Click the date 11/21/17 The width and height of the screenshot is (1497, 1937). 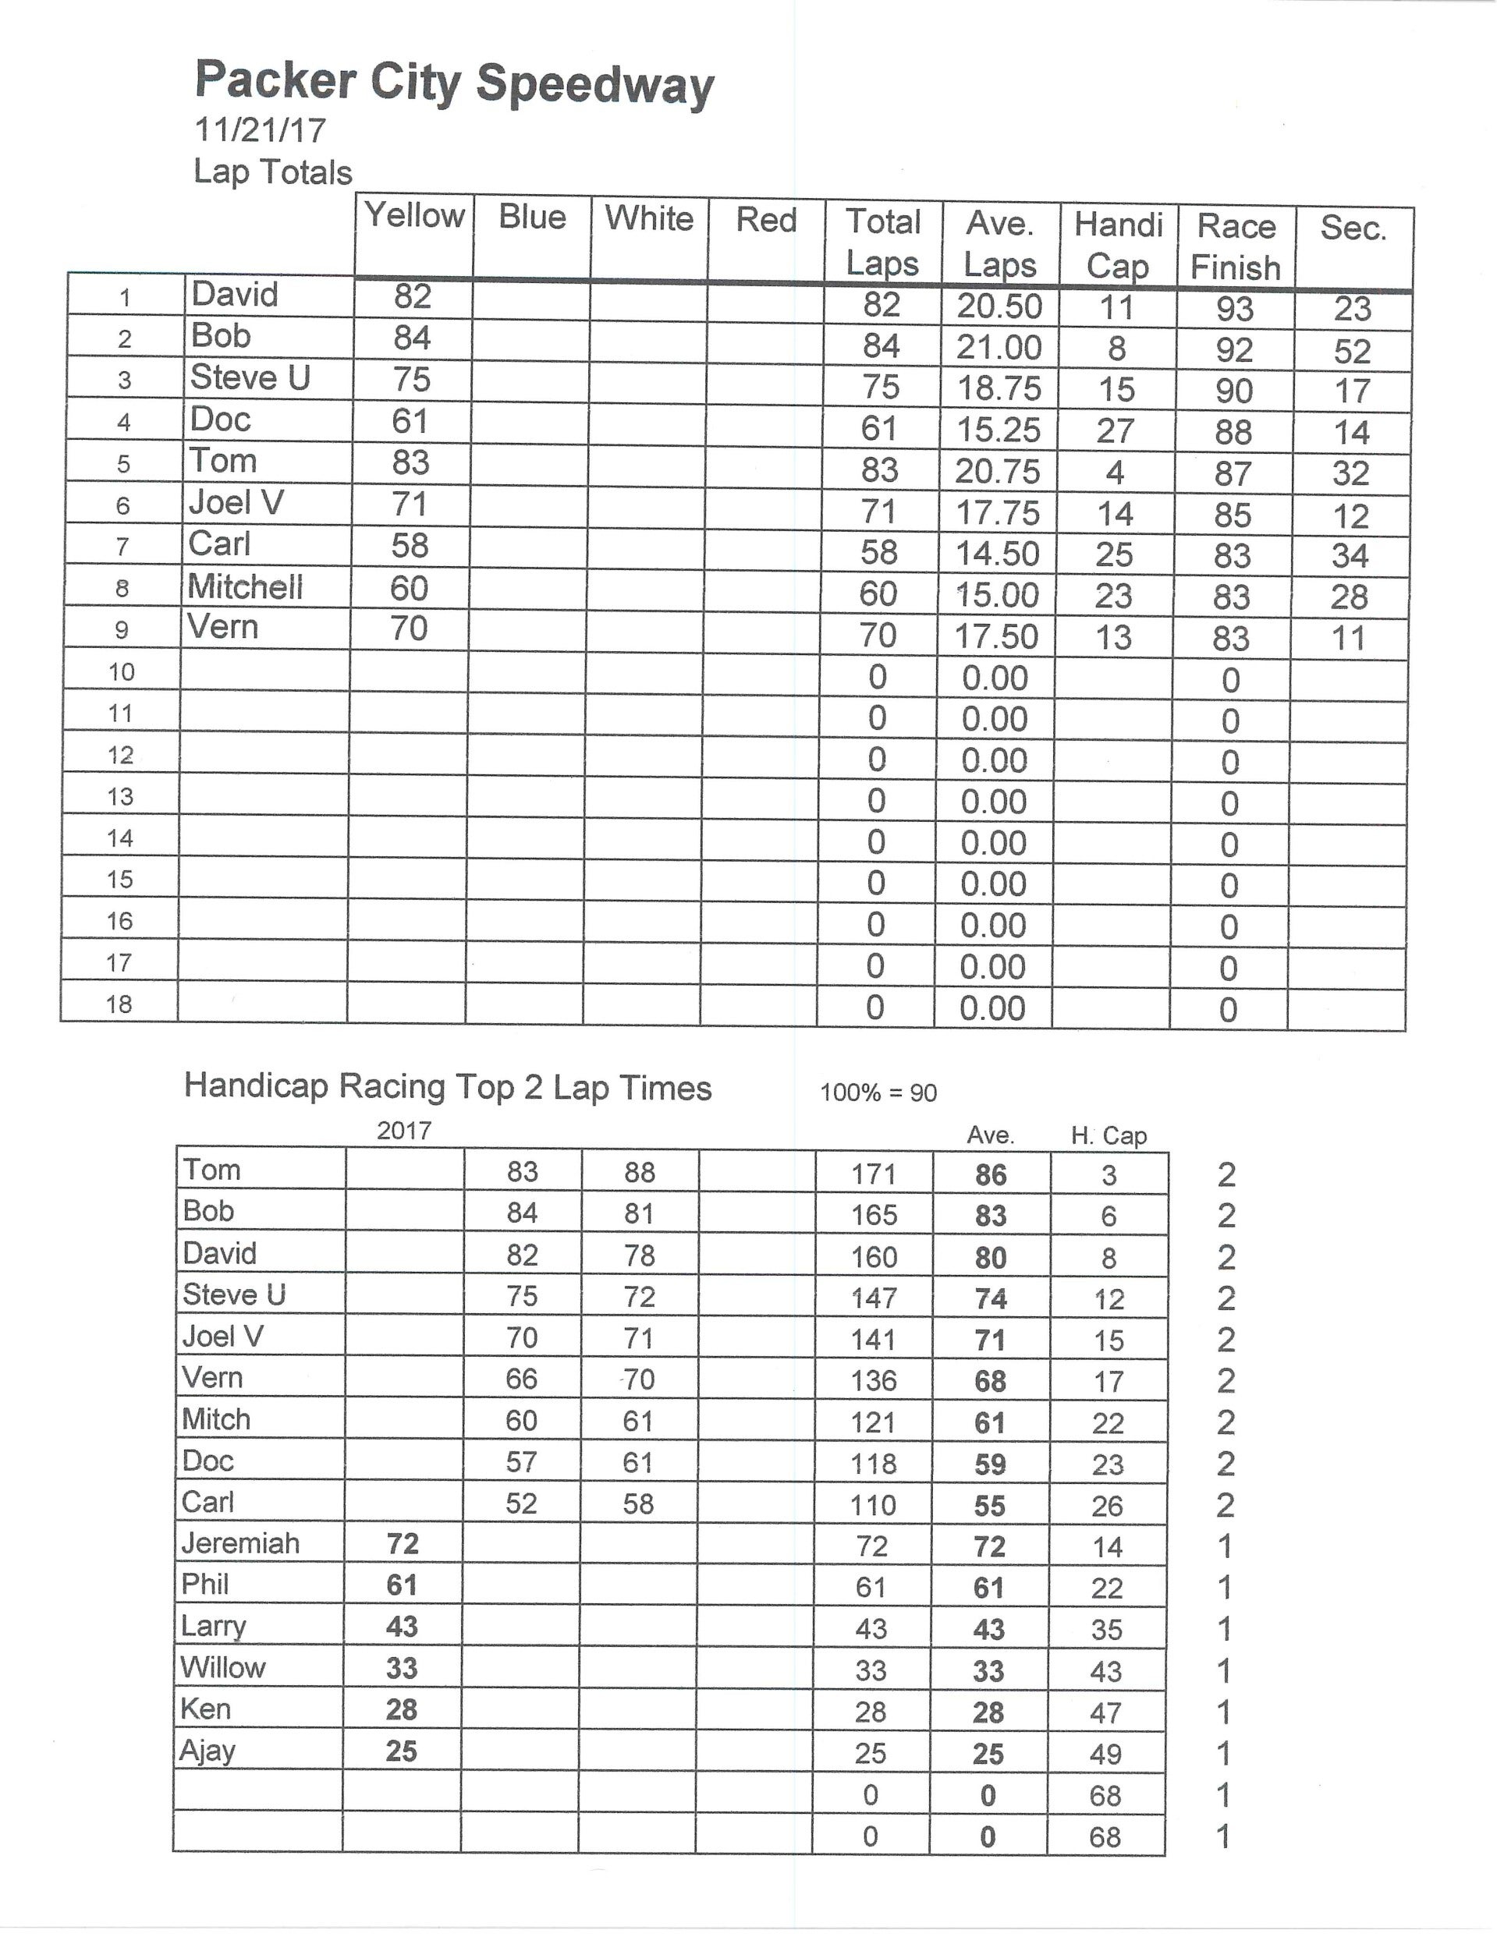(x=260, y=130)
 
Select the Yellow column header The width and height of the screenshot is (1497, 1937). (x=414, y=215)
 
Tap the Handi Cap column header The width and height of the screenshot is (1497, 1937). (x=1118, y=245)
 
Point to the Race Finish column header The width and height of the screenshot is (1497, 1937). (x=1236, y=246)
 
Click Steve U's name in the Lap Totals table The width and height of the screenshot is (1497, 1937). (x=250, y=378)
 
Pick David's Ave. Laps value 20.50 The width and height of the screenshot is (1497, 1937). (x=999, y=306)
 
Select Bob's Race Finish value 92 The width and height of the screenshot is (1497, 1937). (x=1234, y=349)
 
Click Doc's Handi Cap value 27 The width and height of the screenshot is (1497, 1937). (x=1116, y=431)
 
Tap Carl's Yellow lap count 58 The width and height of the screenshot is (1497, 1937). (x=410, y=545)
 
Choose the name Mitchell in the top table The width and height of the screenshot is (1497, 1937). (x=246, y=587)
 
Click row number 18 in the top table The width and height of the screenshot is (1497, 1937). (x=119, y=1004)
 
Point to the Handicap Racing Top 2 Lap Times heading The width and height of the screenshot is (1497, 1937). (x=447, y=1087)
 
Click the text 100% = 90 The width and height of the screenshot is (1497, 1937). (x=878, y=1092)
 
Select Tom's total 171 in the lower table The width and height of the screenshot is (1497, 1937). (x=874, y=1174)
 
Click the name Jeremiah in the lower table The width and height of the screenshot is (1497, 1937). (x=240, y=1544)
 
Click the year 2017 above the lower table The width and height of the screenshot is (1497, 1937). (x=404, y=1131)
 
